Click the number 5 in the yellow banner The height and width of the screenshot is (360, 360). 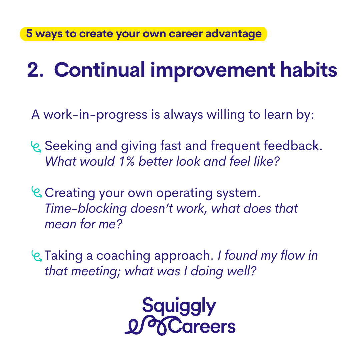(x=29, y=33)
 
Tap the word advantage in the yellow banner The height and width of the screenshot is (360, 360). (x=233, y=34)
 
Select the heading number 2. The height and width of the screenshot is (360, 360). (x=35, y=70)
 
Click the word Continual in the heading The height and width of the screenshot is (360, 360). (x=99, y=70)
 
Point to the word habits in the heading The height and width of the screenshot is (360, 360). (x=309, y=69)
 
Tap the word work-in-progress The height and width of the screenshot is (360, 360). (x=95, y=115)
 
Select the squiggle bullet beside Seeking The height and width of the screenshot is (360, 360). (x=36, y=147)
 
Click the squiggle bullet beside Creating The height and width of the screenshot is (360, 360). (x=36, y=192)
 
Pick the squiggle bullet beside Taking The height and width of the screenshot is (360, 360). (x=36, y=256)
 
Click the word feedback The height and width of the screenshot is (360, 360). (x=293, y=146)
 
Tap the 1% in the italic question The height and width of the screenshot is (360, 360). (x=127, y=161)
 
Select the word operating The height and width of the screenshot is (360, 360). (x=184, y=193)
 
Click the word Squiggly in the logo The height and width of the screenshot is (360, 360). (x=179, y=306)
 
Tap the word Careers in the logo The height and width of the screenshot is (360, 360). (x=202, y=326)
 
